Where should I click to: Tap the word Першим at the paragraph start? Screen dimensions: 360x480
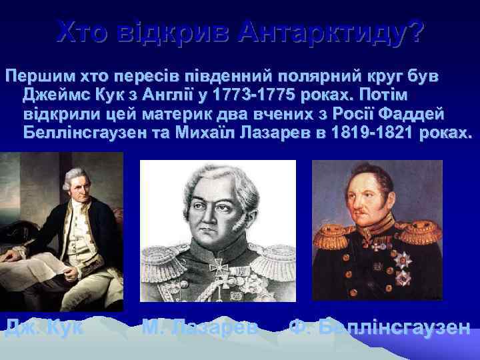(33, 74)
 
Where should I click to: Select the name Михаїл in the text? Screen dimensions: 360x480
(209, 132)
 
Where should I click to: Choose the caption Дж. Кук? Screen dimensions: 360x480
(43, 327)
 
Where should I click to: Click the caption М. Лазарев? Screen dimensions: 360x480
(201, 327)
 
